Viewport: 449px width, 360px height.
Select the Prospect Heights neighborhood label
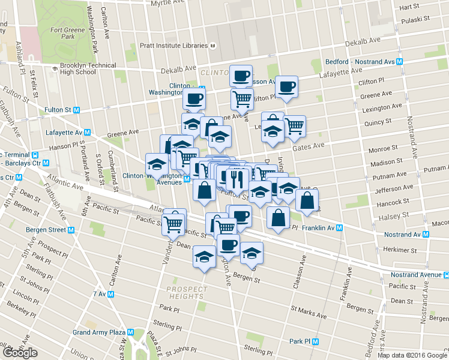point(185,292)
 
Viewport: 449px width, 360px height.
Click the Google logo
point(20,352)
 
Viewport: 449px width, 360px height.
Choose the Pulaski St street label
point(418,19)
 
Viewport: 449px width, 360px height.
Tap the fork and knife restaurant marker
point(238,178)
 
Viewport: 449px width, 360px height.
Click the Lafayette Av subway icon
point(87,133)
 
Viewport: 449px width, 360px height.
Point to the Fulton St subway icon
point(76,110)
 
